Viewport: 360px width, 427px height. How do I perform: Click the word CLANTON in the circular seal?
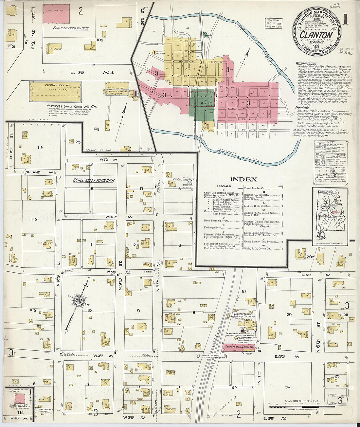pos(316,35)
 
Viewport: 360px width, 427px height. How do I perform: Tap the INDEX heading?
pos(243,179)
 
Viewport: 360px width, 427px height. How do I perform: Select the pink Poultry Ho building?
pos(57,13)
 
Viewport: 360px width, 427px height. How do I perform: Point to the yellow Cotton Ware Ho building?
pos(55,92)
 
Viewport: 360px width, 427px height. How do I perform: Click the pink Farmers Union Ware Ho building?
pos(239,348)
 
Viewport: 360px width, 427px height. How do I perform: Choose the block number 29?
pos(289,315)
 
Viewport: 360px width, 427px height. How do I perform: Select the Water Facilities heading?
pos(306,63)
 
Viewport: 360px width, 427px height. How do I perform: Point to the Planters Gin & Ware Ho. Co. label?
pos(71,106)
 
